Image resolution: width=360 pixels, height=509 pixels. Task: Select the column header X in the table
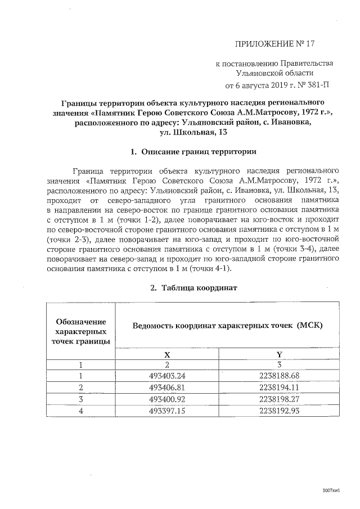pyautogui.click(x=166, y=354)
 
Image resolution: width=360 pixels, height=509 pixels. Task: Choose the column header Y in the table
pyautogui.click(x=279, y=354)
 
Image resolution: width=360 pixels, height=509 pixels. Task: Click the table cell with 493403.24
pyautogui.click(x=166, y=376)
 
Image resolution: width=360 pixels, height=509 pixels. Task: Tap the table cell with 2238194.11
pyautogui.click(x=279, y=387)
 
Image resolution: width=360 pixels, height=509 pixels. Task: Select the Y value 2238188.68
pyautogui.click(x=279, y=376)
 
